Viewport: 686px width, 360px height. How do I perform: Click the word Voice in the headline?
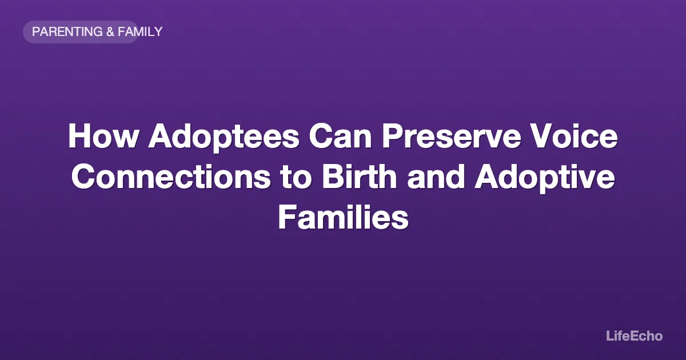point(582,138)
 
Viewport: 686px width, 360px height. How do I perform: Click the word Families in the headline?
point(343,218)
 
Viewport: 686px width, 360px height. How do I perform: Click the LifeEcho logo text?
point(634,336)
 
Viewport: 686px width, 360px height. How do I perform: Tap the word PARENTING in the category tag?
point(68,32)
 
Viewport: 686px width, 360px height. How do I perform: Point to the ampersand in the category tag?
point(110,32)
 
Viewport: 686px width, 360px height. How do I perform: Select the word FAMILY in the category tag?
point(140,32)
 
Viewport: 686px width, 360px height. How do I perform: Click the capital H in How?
point(78,138)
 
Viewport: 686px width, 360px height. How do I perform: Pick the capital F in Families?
point(286,218)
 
